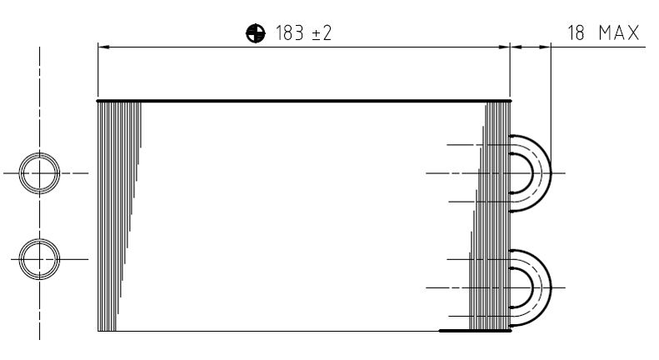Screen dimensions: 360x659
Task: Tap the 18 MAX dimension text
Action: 603,33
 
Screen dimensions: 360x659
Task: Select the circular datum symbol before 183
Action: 255,33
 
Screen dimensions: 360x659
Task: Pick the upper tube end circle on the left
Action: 39,173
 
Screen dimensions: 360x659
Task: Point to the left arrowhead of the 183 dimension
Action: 103,47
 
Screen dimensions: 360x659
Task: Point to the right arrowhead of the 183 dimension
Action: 504,47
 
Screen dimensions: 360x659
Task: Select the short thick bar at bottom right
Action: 475,331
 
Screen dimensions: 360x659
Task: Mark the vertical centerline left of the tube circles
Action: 39,100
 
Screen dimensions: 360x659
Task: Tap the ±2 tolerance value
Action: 322,33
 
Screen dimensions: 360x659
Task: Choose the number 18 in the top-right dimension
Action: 576,33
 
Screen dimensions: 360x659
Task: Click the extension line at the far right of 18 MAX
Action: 551,83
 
